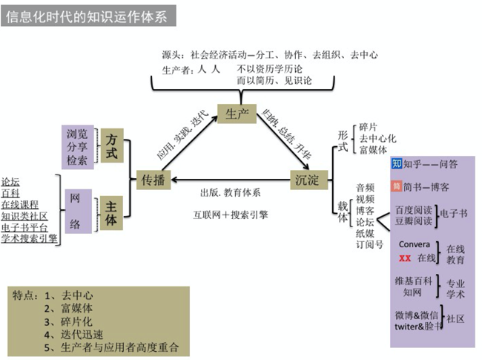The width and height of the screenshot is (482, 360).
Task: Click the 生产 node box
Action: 237,113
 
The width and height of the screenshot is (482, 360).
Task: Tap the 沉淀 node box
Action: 308,179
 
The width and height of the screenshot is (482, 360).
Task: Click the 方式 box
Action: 112,145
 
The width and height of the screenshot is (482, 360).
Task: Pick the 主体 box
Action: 112,210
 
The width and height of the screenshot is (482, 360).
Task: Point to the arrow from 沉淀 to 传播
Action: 230,179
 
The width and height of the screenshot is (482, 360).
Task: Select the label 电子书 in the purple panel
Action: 454,214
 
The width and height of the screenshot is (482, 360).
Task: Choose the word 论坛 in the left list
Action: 11,180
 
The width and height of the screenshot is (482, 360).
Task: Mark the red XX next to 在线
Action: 405,258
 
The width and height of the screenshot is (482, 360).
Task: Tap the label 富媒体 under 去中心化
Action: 373,151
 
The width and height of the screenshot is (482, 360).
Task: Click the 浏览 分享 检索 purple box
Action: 77,146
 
